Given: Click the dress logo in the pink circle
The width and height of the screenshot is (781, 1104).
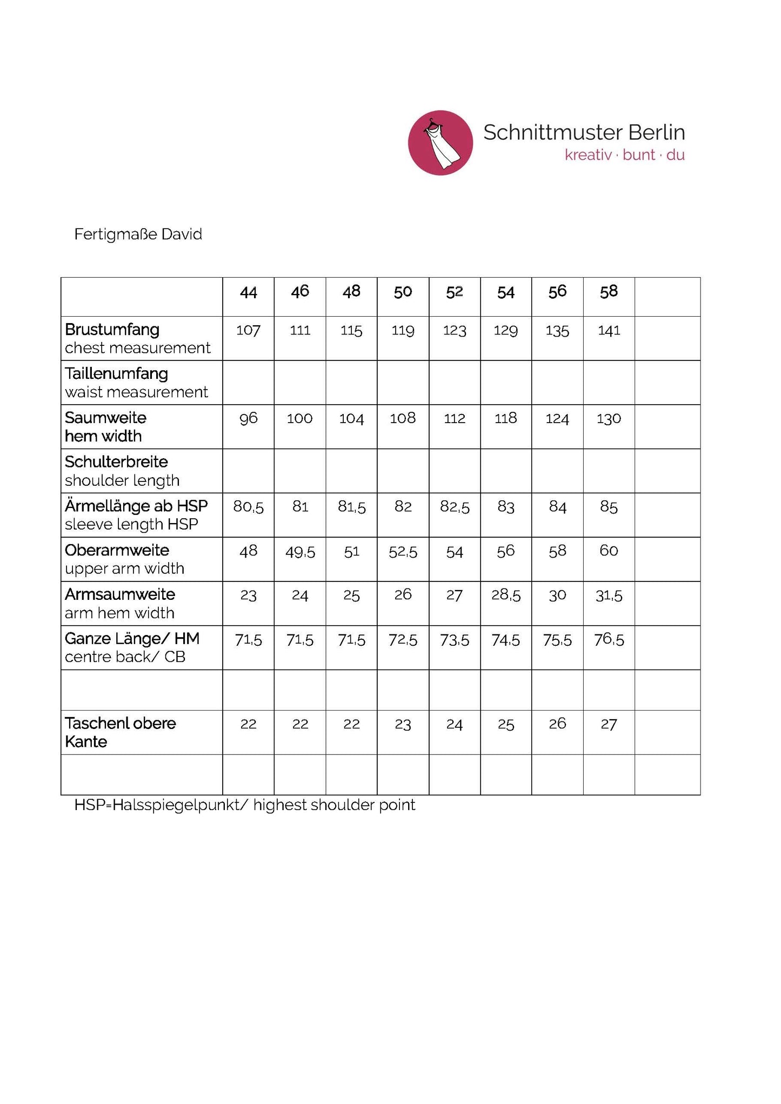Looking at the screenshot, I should [440, 143].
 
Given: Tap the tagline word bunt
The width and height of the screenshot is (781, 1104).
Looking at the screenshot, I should [638, 155].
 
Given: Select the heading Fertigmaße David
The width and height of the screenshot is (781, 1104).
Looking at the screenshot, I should [138, 235].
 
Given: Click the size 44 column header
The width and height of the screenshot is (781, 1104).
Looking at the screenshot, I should [248, 292].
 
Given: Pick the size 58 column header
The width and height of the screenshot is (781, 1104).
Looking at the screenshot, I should [609, 292].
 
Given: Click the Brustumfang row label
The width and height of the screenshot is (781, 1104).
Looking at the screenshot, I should [112, 330].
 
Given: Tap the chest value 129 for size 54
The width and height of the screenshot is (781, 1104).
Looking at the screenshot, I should [505, 330].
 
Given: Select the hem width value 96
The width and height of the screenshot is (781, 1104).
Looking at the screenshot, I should [248, 418].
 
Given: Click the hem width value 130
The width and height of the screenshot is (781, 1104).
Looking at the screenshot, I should [609, 419].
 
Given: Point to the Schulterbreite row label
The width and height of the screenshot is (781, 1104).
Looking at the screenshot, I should [116, 462].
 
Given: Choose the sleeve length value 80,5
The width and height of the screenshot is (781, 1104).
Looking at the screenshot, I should [248, 507].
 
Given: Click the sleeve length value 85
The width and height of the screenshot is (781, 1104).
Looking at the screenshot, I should [609, 507].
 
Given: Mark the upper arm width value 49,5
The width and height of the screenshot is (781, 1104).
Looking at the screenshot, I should [300, 552].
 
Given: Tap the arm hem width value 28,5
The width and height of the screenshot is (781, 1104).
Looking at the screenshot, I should [505, 596].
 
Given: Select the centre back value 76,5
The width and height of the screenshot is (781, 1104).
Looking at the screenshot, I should [609, 640].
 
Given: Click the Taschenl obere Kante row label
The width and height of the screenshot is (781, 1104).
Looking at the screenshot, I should [120, 732].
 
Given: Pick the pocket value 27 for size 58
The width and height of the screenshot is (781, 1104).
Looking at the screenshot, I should [609, 724].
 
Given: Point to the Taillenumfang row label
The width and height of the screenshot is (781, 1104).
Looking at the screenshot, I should [116, 374].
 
